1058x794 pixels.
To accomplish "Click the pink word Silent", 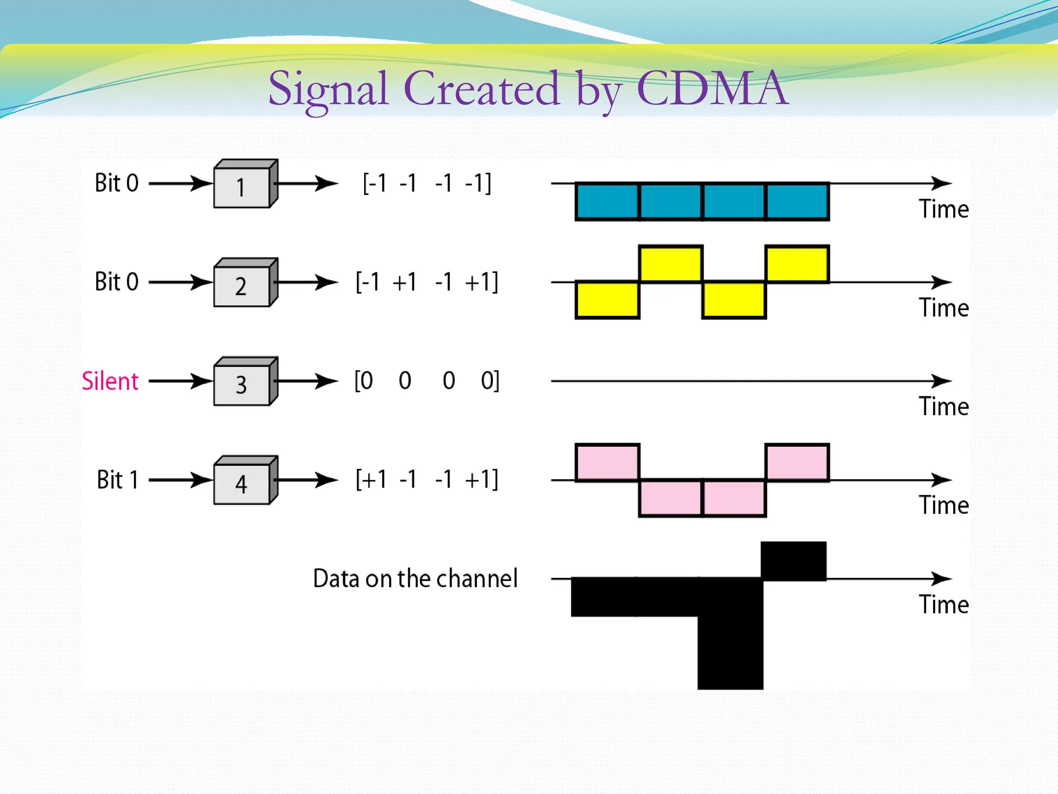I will click(x=110, y=381).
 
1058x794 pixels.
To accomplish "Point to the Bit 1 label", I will click(x=118, y=480).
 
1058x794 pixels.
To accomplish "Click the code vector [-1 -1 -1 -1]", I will click(x=427, y=184).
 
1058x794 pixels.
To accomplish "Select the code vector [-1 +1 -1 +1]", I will click(x=427, y=282).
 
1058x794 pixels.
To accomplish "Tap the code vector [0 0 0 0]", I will click(x=427, y=381).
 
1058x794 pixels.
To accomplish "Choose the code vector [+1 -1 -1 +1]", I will click(x=427, y=480).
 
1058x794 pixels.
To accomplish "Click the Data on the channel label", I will click(x=415, y=578).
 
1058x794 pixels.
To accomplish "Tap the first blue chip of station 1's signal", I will click(x=608, y=202).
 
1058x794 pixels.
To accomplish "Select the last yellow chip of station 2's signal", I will click(x=797, y=264).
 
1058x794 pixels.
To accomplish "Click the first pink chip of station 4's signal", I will click(x=608, y=462).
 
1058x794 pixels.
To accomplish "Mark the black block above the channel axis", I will click(x=793, y=560).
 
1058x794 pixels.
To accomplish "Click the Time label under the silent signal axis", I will click(x=943, y=407).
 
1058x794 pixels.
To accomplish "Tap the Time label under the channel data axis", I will click(x=943, y=604).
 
